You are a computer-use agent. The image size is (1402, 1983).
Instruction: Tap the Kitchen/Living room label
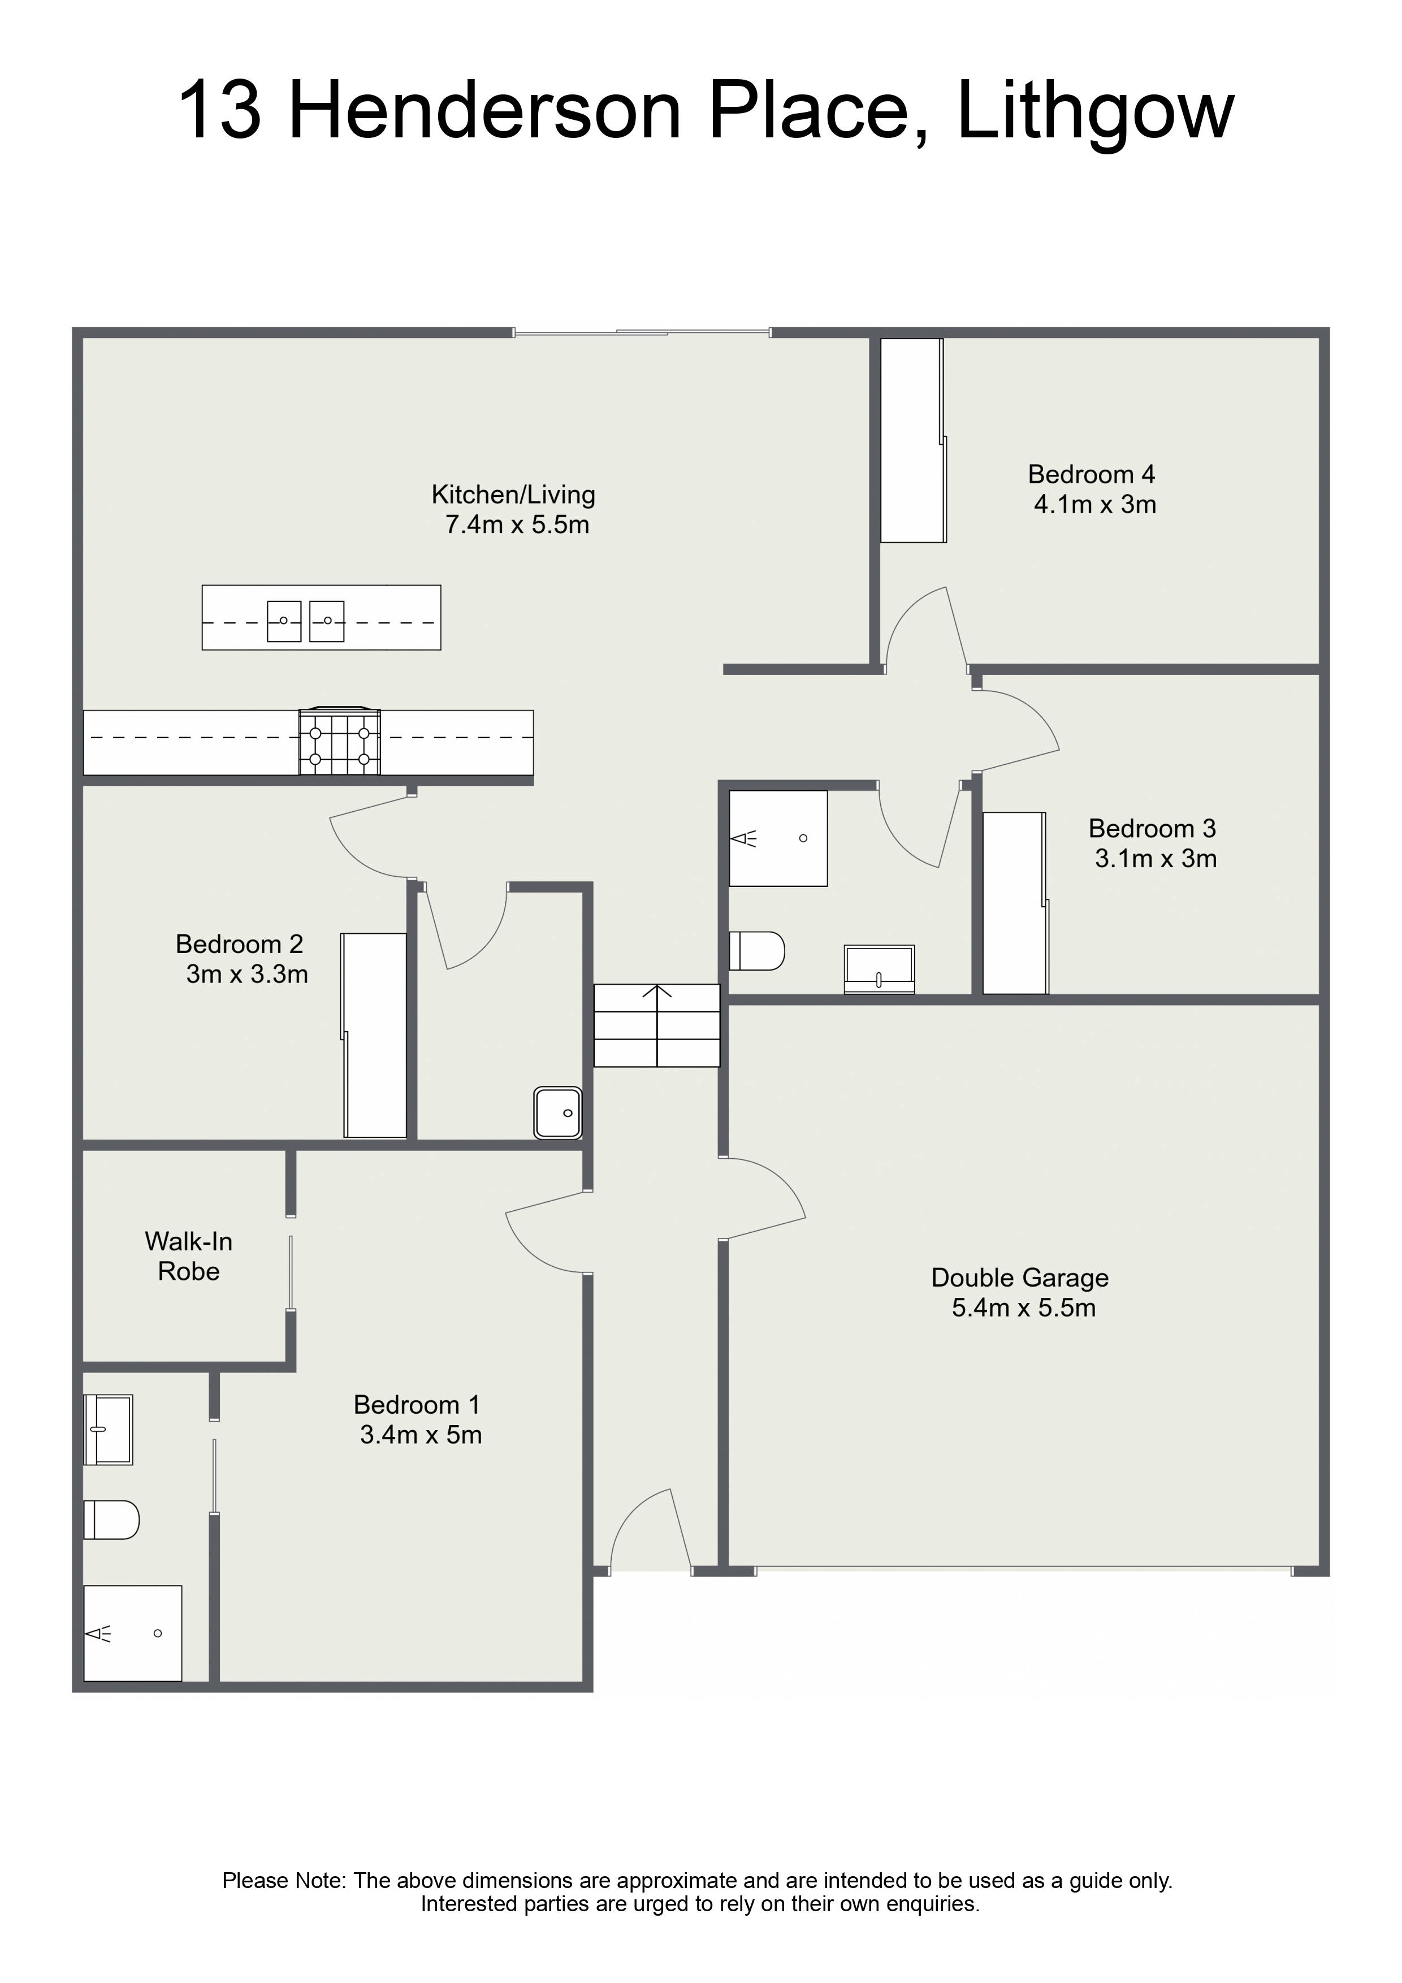click(x=513, y=495)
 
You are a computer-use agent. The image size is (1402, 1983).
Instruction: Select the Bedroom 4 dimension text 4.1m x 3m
click(x=1094, y=504)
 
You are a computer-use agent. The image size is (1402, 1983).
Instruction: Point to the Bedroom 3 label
click(x=1152, y=828)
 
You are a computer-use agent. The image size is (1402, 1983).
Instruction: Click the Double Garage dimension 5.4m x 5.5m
click(x=1024, y=1307)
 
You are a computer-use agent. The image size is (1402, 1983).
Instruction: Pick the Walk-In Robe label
click(x=188, y=1256)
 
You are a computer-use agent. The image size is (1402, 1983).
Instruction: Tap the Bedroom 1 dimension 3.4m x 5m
click(x=421, y=1435)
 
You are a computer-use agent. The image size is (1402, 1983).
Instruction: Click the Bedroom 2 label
click(x=239, y=944)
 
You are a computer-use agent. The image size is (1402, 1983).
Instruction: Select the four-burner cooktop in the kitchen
click(x=340, y=742)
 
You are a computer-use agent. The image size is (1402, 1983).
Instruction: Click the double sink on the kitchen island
click(x=306, y=621)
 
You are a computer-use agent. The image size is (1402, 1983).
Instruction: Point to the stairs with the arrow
click(x=656, y=1025)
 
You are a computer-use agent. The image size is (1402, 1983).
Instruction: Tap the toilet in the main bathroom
click(x=757, y=951)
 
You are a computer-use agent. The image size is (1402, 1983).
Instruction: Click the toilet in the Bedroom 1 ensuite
click(x=111, y=1520)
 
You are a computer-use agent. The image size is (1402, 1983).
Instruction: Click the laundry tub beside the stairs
click(x=558, y=1112)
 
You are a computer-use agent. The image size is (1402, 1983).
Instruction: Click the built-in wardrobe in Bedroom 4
click(x=913, y=440)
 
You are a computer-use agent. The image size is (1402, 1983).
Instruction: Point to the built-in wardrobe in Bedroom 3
click(x=1016, y=903)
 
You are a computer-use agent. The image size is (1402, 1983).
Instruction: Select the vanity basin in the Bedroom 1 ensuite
click(x=108, y=1430)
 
